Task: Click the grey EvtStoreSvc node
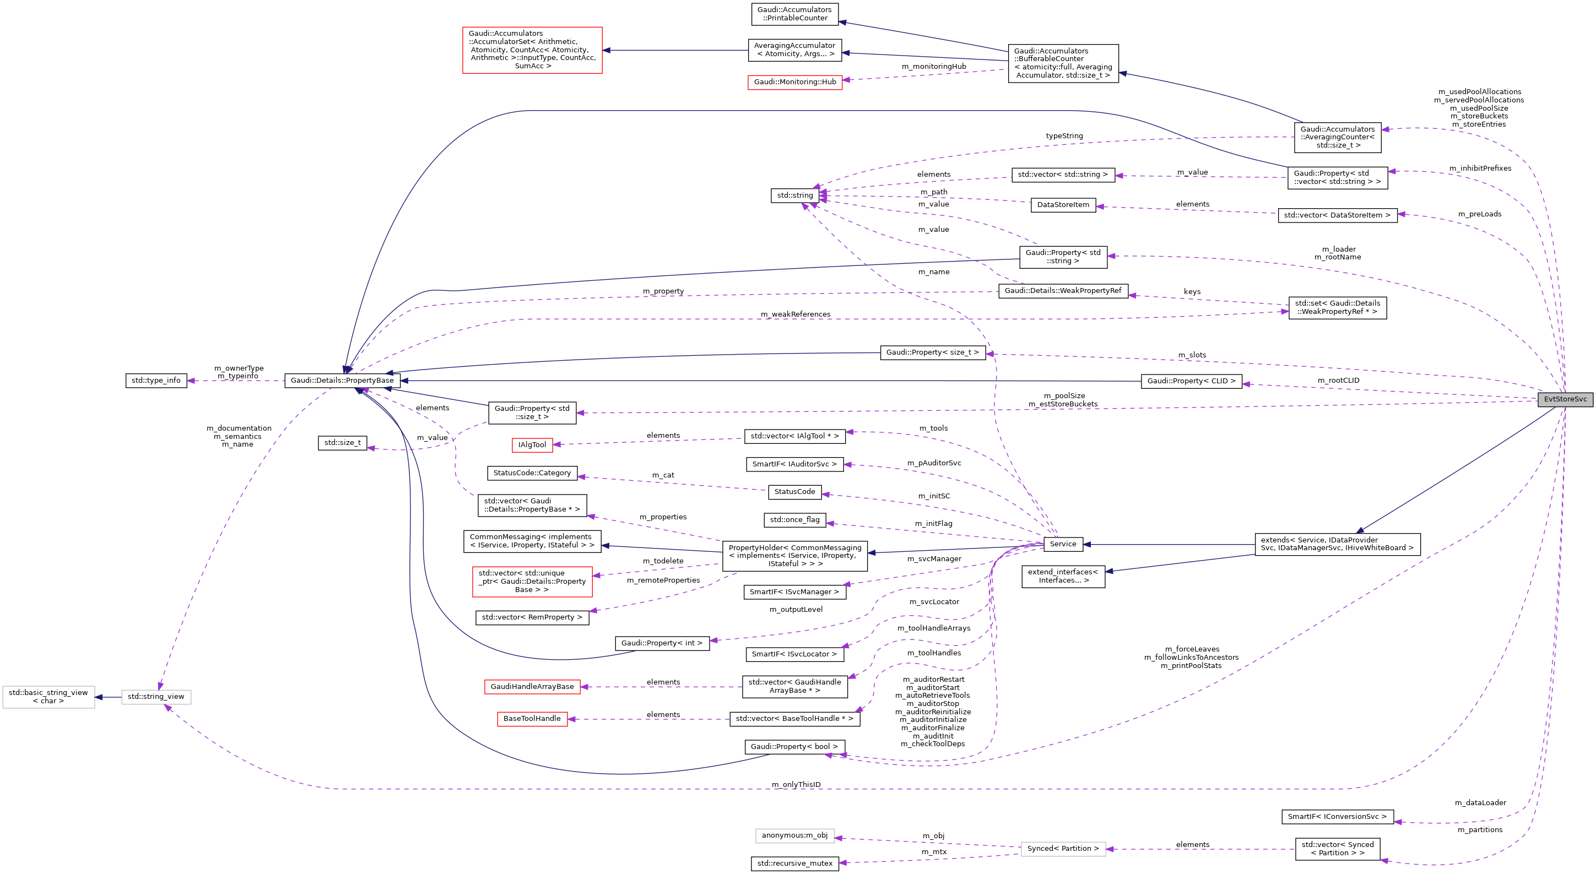pyautogui.click(x=1565, y=399)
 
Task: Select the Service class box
pyautogui.click(x=1063, y=544)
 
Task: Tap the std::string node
pyautogui.click(x=795, y=195)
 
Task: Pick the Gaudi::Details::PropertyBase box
pyautogui.click(x=342, y=381)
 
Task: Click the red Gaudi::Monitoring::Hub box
pyautogui.click(x=794, y=82)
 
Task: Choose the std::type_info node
pyautogui.click(x=155, y=381)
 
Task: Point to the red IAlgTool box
pyautogui.click(x=532, y=445)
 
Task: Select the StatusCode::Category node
pyautogui.click(x=532, y=473)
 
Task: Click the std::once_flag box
pyautogui.click(x=794, y=520)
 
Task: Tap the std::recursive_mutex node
pyautogui.click(x=795, y=864)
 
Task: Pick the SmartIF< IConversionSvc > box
pyautogui.click(x=1337, y=816)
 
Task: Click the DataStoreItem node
pyautogui.click(x=1063, y=204)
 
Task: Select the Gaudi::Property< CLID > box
pyautogui.click(x=1191, y=381)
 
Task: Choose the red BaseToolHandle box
pyautogui.click(x=532, y=719)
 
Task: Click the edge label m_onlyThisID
pyautogui.click(x=796, y=784)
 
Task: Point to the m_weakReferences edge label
pyautogui.click(x=795, y=314)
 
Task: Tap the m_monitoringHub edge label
pyautogui.click(x=933, y=66)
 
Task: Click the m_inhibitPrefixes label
pyautogui.click(x=1480, y=168)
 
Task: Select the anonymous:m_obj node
pyautogui.click(x=794, y=835)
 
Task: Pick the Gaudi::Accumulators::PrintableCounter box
pyautogui.click(x=795, y=14)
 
